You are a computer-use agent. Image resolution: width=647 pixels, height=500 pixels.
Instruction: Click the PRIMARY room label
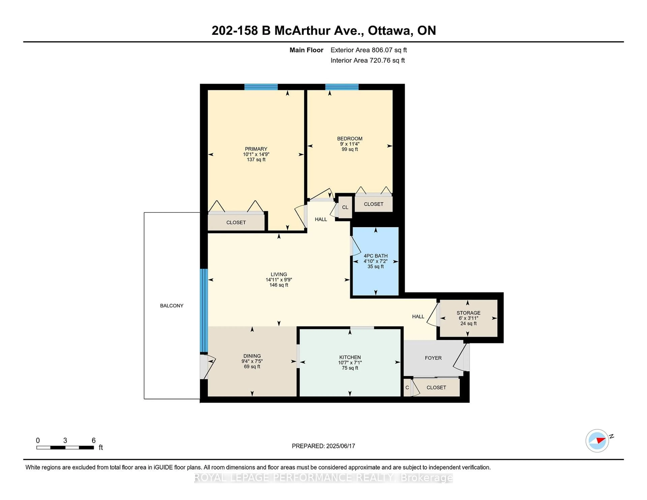(256, 149)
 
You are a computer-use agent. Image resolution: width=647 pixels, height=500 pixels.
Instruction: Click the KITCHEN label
(350, 357)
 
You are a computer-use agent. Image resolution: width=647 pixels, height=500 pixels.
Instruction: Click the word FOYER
(433, 358)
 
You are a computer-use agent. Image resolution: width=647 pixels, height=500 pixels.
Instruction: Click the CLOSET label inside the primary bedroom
(236, 222)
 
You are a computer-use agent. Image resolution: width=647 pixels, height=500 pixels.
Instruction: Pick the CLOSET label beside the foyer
(436, 387)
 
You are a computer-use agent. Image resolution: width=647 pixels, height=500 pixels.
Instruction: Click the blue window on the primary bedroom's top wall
(261, 87)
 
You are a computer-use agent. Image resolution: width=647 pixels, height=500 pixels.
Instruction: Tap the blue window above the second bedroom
(342, 87)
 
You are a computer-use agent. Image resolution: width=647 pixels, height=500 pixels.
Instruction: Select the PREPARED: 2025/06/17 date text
(323, 446)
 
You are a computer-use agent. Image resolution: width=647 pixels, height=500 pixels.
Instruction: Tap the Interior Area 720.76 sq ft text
(367, 60)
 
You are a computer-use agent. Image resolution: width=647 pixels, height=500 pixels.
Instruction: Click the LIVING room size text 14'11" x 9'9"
(279, 280)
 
